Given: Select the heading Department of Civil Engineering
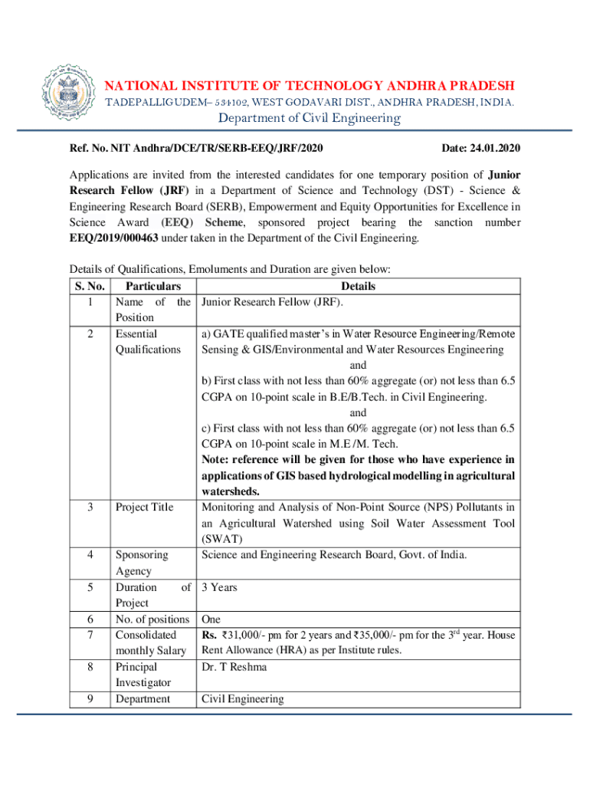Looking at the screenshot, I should click(x=310, y=117).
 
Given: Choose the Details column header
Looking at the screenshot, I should click(x=358, y=286).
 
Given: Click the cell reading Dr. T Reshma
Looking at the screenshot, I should click(x=234, y=667).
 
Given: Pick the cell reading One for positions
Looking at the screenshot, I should click(x=211, y=619).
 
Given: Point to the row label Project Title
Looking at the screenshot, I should click(x=144, y=507).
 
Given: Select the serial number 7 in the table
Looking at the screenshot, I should click(x=90, y=635).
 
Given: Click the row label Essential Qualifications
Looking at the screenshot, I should click(x=147, y=341).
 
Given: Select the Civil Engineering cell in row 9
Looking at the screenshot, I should click(x=242, y=699).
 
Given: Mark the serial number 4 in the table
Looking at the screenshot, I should click(x=90, y=555).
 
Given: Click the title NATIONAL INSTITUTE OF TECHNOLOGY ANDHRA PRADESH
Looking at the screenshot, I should click(x=310, y=85).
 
